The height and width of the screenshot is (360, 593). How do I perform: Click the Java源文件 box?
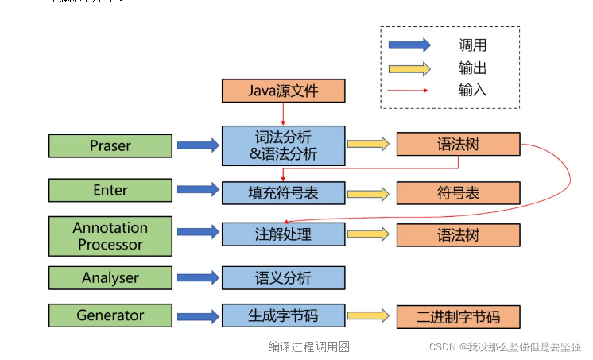(x=283, y=91)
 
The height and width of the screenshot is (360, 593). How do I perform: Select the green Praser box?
(x=110, y=145)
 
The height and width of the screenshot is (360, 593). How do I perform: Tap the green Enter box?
(x=110, y=191)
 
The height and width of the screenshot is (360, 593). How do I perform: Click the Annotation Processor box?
(x=110, y=235)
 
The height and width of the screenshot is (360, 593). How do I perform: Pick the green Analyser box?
(x=110, y=277)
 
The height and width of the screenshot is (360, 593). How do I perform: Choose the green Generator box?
(x=110, y=315)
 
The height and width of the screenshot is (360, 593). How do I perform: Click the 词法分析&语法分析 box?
(x=283, y=145)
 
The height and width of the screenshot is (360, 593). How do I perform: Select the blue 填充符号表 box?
(x=283, y=192)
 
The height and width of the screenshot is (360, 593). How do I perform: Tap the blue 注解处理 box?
(x=283, y=234)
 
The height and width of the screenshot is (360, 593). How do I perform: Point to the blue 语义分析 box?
(x=283, y=277)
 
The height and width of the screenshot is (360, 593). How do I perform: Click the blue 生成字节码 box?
(x=283, y=315)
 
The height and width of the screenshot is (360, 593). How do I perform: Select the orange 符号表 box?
(x=459, y=192)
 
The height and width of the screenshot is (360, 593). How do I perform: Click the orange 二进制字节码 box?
(x=459, y=316)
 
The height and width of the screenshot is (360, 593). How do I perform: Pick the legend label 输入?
(x=472, y=90)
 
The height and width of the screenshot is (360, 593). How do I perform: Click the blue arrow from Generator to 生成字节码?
(x=197, y=316)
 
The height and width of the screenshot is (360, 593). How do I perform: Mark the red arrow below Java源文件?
(x=283, y=114)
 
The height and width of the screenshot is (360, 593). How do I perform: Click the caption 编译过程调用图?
(x=308, y=346)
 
